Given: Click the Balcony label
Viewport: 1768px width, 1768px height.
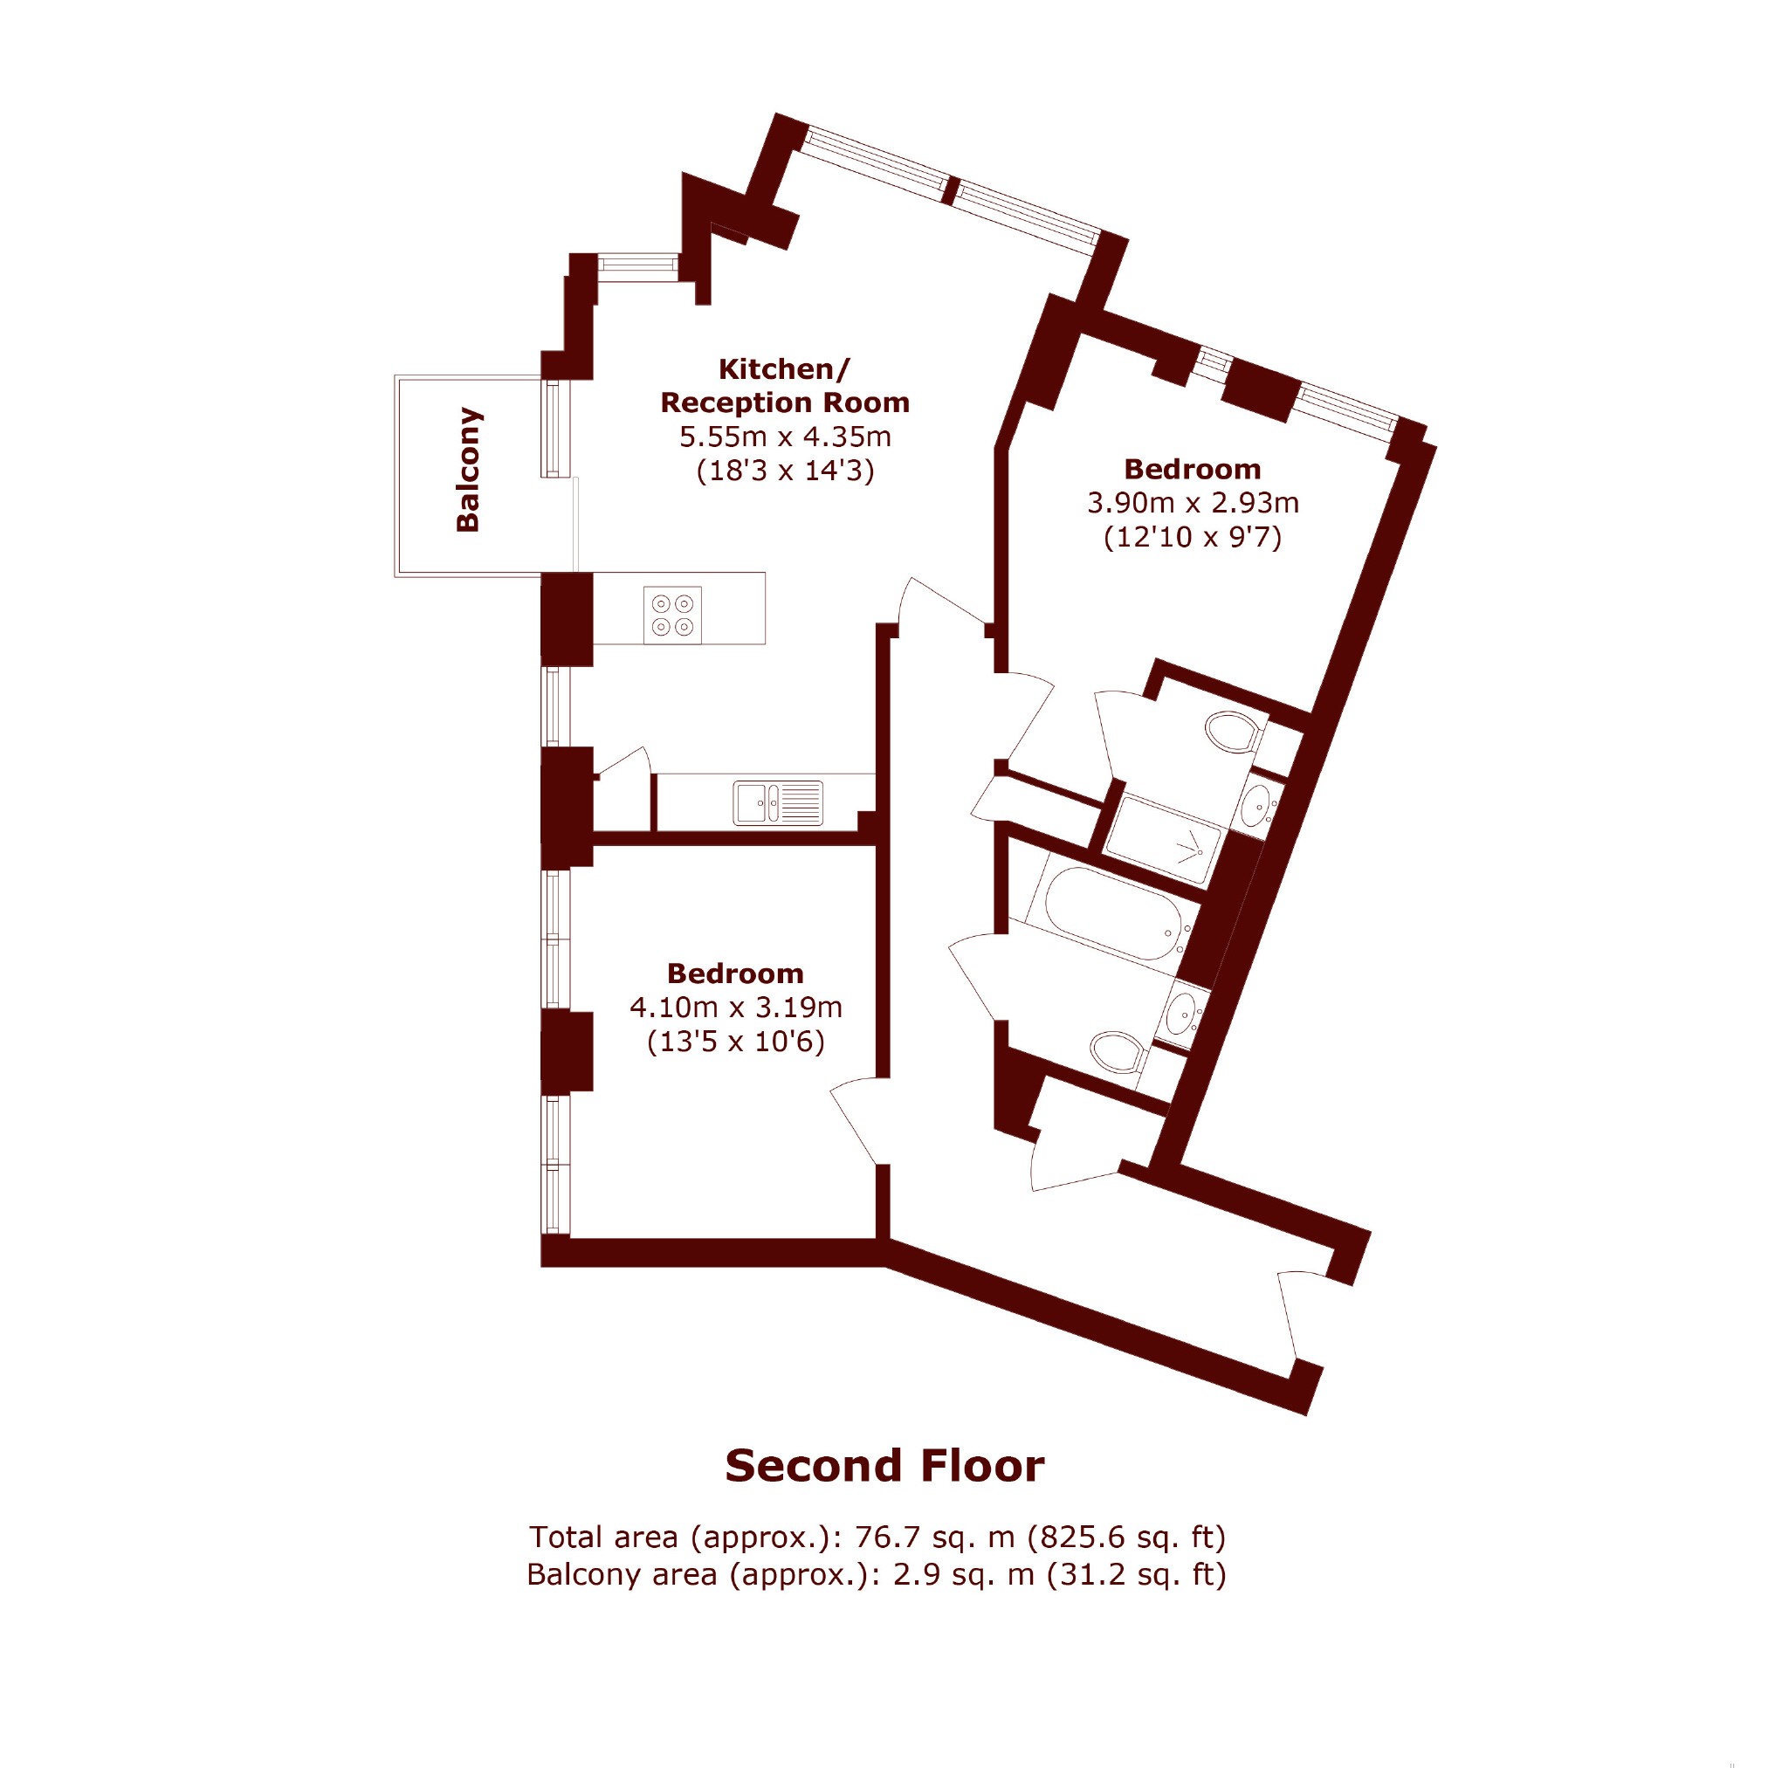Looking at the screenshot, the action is pos(468,470).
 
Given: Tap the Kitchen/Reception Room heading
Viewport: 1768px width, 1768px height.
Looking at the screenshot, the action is pos(784,385).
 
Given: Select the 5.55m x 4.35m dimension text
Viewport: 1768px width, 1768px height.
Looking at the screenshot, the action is pos(784,437).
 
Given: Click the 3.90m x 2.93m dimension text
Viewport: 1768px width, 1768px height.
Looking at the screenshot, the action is pos(1193,502).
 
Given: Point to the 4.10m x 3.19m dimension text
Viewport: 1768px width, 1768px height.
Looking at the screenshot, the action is pos(736,1008).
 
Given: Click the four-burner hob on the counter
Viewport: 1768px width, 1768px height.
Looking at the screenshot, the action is pos(672,615).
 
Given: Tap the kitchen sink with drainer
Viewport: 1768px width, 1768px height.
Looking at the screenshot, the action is pos(778,802).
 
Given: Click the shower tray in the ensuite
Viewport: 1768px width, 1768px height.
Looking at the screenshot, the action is pos(1163,839).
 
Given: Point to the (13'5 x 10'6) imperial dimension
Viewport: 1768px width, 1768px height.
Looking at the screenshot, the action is pos(736,1042).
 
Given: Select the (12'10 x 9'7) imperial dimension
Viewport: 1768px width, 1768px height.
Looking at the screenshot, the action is pos(1193,536).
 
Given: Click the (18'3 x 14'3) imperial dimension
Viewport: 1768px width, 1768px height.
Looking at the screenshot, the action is pos(785,471).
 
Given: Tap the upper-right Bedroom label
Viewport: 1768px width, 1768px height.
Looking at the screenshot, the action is pos(1193,469).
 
